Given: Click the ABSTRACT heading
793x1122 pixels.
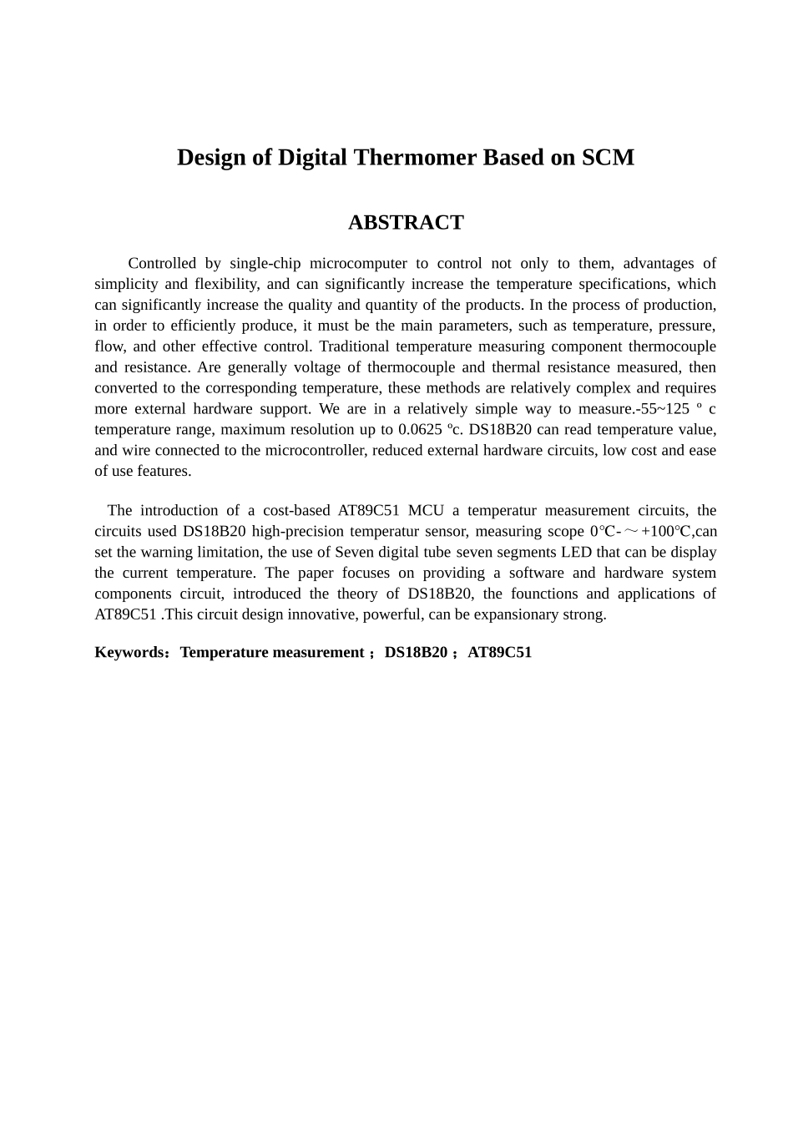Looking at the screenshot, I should pyautogui.click(x=405, y=223).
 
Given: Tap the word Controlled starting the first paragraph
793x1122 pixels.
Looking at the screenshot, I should pyautogui.click(x=162, y=264).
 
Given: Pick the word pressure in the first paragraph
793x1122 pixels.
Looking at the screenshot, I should pyautogui.click(x=686, y=326).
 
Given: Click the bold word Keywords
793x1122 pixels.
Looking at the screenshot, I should pyautogui.click(x=129, y=653).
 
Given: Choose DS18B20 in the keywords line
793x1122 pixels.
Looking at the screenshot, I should pyautogui.click(x=416, y=653).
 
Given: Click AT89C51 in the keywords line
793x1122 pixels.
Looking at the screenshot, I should pyautogui.click(x=499, y=653).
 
